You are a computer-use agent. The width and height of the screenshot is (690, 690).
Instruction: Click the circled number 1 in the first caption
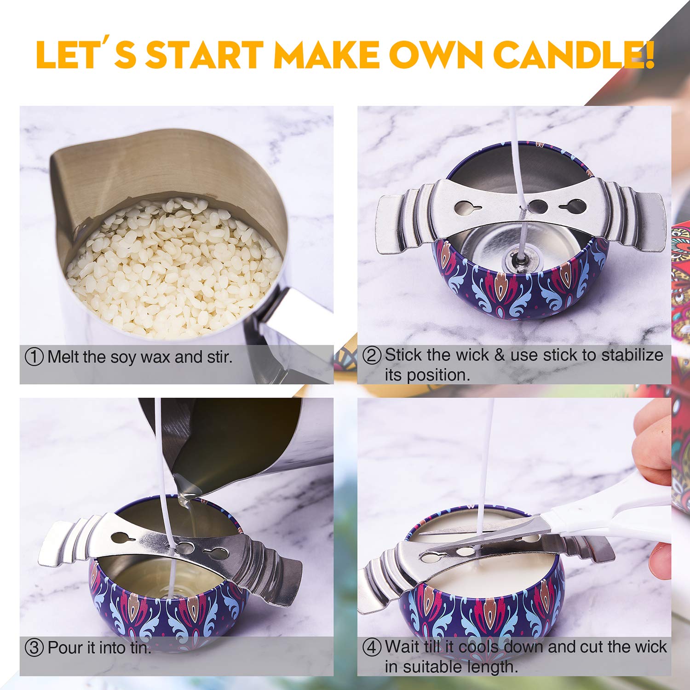coord(34,357)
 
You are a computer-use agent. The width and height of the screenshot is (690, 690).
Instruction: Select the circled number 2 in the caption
coord(372,355)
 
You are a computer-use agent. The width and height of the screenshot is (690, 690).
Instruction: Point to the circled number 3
coord(34,648)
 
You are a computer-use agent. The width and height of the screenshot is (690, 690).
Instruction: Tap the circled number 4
coord(372,647)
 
